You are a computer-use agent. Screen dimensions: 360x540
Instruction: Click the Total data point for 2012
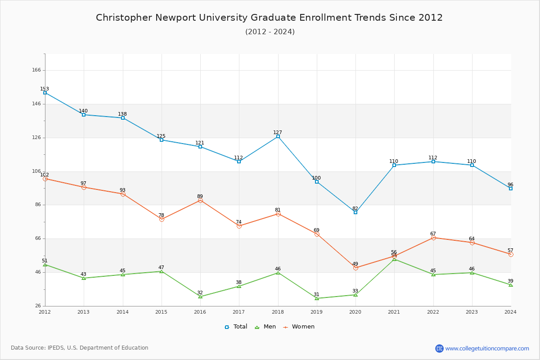tap(45, 93)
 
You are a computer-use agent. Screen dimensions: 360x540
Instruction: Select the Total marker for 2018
tap(278, 136)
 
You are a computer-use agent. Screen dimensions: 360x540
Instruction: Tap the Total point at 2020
tap(355, 212)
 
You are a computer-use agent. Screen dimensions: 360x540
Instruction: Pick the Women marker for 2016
tap(200, 200)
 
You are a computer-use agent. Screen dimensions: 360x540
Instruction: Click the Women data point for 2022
tap(433, 238)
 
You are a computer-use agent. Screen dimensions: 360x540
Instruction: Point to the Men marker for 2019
tap(317, 298)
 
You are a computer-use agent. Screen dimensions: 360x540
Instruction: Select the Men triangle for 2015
tap(162, 271)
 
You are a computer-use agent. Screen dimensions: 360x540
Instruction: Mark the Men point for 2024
tap(511, 285)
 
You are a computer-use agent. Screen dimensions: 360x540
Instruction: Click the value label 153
tap(45, 89)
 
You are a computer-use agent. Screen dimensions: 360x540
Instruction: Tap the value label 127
tap(278, 132)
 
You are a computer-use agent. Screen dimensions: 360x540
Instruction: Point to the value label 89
tap(200, 196)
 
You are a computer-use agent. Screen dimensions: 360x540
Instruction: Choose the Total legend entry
tap(236, 327)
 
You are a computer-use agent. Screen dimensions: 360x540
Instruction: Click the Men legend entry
tap(265, 327)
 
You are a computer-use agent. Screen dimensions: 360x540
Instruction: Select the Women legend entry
tap(299, 327)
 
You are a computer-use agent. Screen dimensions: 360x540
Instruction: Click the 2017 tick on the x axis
tap(239, 311)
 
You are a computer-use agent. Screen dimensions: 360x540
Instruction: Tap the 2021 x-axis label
tap(394, 311)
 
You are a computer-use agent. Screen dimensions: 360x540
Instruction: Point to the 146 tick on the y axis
tap(36, 104)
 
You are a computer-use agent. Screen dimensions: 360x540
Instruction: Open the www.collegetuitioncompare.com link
tap(487, 348)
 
